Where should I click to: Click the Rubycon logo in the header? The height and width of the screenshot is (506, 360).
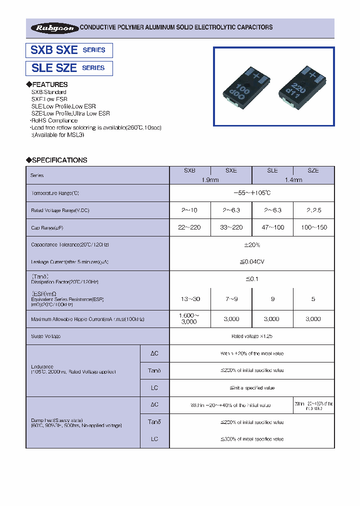pos(53,28)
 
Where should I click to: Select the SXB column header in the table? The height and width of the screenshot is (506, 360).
pos(190,170)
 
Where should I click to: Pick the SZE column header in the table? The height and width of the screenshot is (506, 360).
pos(313,170)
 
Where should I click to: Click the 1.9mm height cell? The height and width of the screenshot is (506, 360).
pos(210,180)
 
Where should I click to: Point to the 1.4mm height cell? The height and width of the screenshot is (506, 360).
pos(293,180)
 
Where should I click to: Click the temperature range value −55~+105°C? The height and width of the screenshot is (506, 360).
pos(252,193)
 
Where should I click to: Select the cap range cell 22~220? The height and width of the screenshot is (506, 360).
pos(190,227)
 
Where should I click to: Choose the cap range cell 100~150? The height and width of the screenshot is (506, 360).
pos(313,227)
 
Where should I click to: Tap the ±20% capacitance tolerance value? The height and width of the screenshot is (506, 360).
pos(252,245)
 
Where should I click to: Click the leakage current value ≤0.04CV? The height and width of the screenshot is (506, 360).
pos(252,262)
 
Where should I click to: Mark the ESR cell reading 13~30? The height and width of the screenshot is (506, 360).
pos(190,299)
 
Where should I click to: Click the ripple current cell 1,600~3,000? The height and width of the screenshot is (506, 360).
pos(190,318)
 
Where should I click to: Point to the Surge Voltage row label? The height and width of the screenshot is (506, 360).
pos(46,336)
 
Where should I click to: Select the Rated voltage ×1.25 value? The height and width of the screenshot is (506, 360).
pos(252,336)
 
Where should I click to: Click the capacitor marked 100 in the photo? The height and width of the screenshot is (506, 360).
pos(246,87)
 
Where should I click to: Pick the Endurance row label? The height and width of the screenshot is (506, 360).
pos(42,366)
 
